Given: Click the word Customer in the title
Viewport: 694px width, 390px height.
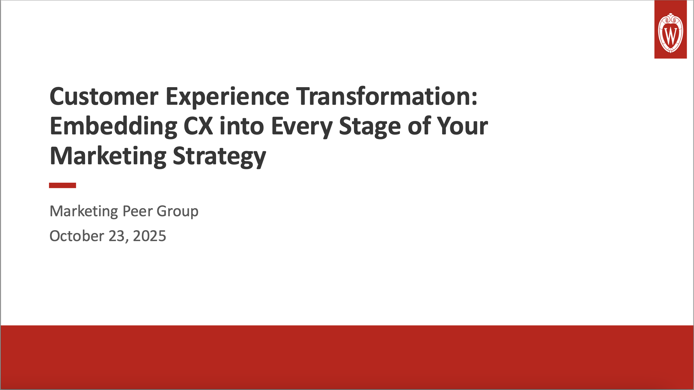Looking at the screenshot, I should (x=104, y=96).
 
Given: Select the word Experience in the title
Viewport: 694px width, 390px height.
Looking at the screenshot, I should (x=227, y=96).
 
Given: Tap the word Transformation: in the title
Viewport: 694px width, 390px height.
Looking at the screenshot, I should (x=387, y=96).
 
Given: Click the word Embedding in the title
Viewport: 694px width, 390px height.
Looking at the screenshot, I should (x=113, y=126).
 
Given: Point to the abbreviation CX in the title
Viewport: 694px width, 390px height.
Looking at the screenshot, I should (x=198, y=126).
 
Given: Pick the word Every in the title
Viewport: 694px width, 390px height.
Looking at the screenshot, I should (x=302, y=126).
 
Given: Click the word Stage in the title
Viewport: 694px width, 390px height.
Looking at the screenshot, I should (x=370, y=126).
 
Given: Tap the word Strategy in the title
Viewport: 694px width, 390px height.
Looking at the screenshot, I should (x=219, y=156).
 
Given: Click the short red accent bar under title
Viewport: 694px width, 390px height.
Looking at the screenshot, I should (x=62, y=185).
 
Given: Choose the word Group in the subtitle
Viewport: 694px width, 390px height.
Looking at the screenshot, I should (x=177, y=211).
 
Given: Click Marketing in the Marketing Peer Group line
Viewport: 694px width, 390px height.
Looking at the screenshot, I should (x=84, y=211).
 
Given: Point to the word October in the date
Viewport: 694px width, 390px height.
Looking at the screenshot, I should (x=77, y=236).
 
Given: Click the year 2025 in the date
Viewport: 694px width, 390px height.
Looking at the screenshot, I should (x=149, y=236).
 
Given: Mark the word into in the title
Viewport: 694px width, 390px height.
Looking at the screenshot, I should (x=242, y=126).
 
